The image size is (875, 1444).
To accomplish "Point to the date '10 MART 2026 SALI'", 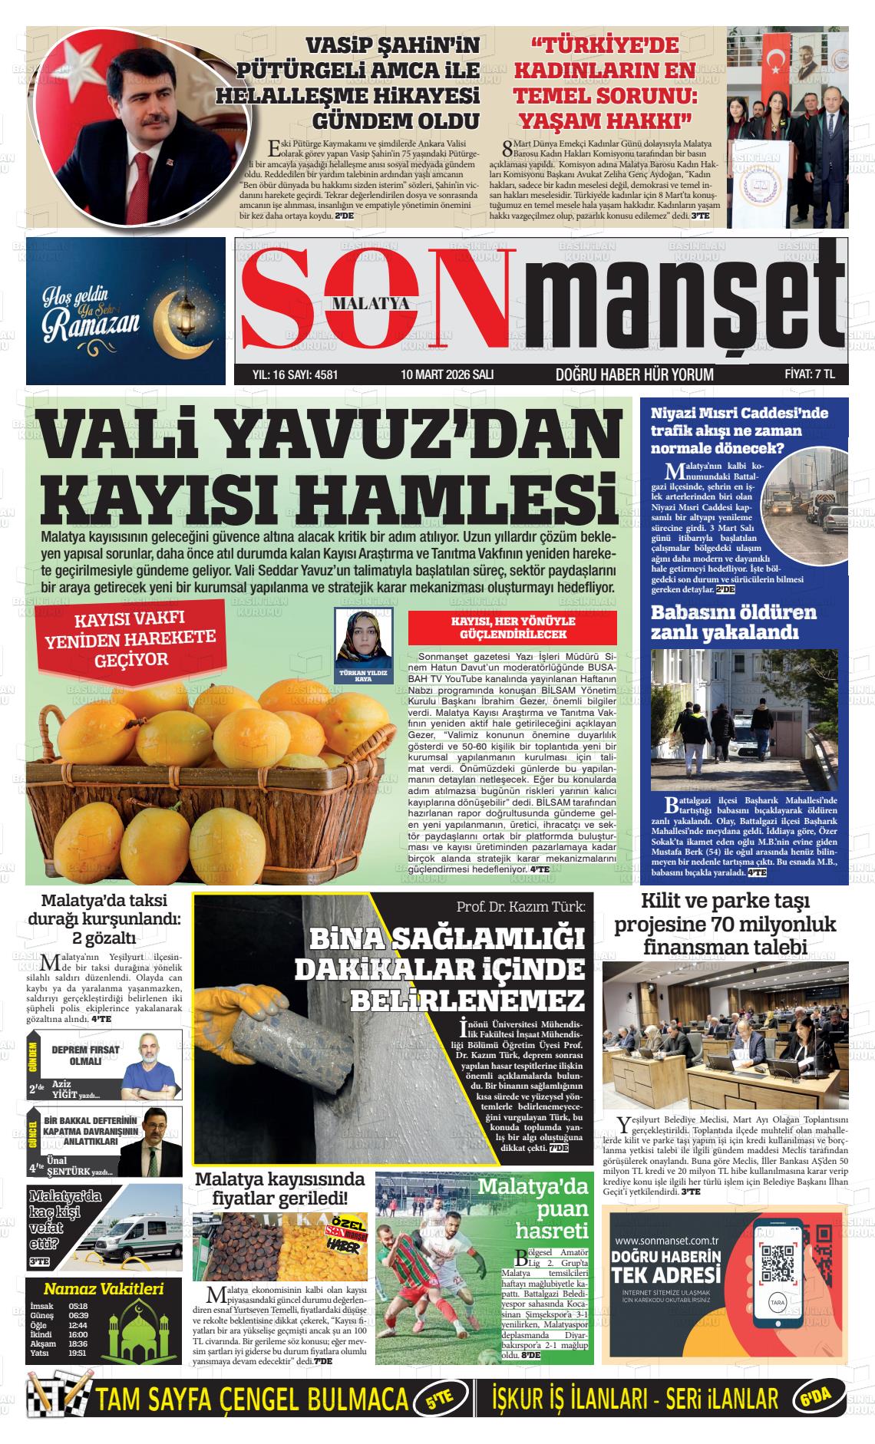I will point(447,374).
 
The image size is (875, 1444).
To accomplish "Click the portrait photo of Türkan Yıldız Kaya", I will point(363,636).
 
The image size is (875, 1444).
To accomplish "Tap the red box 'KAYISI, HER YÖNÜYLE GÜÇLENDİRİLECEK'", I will point(513,628).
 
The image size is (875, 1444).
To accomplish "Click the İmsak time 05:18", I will point(78,1306).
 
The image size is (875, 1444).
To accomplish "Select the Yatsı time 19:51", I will point(78,1353).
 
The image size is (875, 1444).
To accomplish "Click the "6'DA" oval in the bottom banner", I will point(818,1399).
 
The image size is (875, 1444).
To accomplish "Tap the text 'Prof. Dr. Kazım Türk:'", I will point(520,906).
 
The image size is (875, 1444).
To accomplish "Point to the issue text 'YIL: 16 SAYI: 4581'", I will point(296,374).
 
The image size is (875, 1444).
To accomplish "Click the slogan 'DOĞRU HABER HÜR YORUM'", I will point(634,374).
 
